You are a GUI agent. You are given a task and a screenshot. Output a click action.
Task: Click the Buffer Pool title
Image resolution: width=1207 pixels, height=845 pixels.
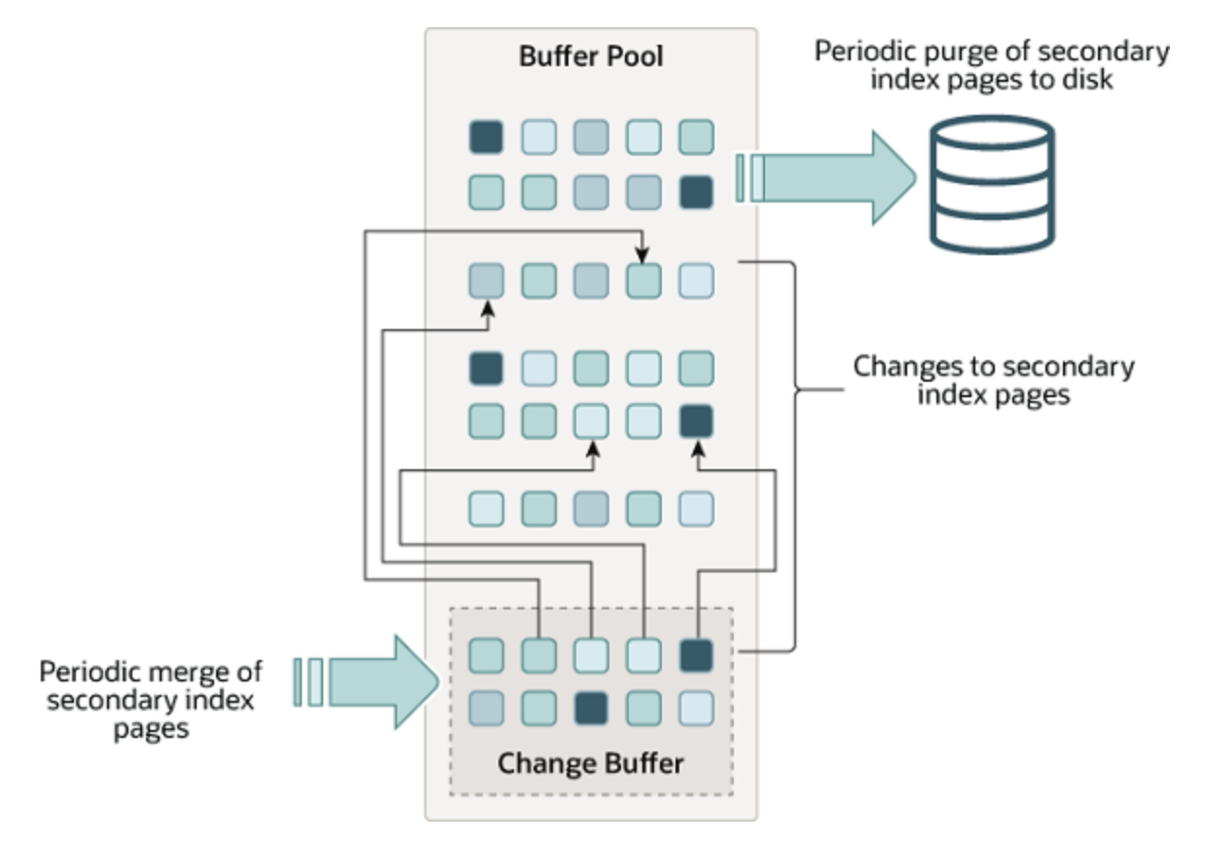(x=590, y=55)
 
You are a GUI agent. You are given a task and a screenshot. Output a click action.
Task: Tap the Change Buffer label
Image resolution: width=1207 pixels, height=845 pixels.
(x=590, y=762)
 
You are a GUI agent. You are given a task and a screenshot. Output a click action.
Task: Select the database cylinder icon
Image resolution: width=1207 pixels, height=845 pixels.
(x=990, y=185)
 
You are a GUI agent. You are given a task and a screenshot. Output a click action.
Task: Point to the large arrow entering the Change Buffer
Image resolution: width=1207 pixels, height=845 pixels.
(x=380, y=681)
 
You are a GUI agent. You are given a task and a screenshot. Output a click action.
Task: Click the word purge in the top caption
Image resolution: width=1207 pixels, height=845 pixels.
(x=932, y=52)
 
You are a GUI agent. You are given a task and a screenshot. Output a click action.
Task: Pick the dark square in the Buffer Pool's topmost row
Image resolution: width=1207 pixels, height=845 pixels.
(x=486, y=136)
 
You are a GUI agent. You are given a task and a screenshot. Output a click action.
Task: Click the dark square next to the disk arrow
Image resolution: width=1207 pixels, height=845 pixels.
(x=696, y=192)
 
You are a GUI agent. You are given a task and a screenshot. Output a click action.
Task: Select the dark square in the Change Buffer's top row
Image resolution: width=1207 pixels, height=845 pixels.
(x=696, y=655)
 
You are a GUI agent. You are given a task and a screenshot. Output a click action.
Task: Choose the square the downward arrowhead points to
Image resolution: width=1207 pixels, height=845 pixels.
(x=643, y=280)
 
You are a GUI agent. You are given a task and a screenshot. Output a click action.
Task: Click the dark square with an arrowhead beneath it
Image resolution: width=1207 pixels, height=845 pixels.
(x=696, y=421)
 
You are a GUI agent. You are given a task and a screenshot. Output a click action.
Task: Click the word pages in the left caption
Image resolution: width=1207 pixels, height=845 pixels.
(x=150, y=727)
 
